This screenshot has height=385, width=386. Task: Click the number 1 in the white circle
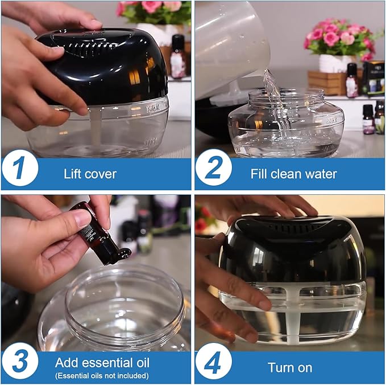click(20, 168)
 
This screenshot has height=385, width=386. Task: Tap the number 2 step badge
click(214, 167)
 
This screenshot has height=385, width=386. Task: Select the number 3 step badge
click(20, 362)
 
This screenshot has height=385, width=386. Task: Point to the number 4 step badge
click(214, 361)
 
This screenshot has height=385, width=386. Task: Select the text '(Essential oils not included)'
click(102, 376)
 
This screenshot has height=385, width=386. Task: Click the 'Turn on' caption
click(290, 368)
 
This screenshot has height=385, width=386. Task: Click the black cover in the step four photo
click(292, 249)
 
